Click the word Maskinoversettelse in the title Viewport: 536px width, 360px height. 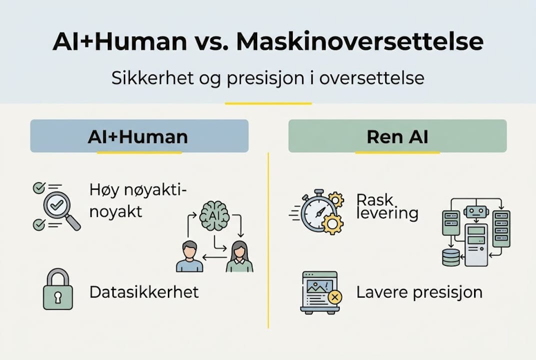360,42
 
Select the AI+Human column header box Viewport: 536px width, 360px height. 139,136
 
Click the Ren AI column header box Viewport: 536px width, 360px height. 397,136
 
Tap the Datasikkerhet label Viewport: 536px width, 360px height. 144,292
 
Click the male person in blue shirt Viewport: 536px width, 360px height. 190,256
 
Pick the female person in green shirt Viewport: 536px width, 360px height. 239,256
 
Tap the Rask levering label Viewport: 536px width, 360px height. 387,206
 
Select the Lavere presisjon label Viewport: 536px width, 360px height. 419,292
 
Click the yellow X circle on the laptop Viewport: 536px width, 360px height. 335,297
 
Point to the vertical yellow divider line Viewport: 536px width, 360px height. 269,240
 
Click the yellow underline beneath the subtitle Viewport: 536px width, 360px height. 268,103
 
